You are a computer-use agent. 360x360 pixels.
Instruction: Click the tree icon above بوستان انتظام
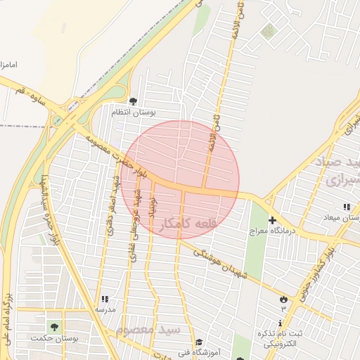tap(134, 101)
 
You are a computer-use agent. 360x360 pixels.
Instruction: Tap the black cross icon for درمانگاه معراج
tap(272, 220)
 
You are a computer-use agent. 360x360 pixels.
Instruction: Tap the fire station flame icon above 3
tap(283, 298)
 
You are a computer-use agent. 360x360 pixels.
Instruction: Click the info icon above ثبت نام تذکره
tap(281, 322)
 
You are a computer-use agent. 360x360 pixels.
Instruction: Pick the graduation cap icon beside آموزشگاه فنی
tap(199, 343)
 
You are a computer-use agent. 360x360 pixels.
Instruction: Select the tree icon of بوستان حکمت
tap(54, 327)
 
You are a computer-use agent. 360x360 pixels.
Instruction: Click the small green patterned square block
tap(268, 32)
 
